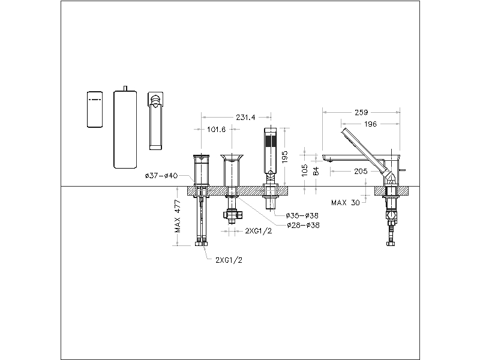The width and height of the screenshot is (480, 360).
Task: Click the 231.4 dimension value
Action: click(x=245, y=117)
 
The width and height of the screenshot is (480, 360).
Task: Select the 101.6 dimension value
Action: click(x=217, y=130)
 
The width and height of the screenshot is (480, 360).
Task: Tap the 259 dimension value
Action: click(x=361, y=112)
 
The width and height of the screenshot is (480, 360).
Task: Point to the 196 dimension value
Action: click(x=370, y=124)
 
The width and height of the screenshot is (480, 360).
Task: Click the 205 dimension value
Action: click(x=361, y=171)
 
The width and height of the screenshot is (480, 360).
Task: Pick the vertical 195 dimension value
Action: click(x=284, y=157)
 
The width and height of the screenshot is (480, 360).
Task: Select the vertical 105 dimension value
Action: click(x=305, y=170)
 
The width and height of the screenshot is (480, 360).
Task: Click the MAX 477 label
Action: click(x=178, y=216)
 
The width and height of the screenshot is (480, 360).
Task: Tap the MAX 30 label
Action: click(x=346, y=203)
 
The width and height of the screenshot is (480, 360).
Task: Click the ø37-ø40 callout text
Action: click(x=161, y=176)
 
